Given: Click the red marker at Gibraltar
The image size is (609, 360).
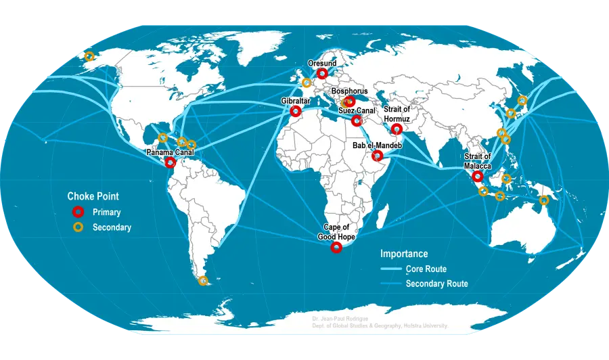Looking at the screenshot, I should point(295,111).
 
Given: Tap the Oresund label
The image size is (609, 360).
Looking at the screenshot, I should point(321,63).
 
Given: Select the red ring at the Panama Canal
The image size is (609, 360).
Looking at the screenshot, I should point(171,162).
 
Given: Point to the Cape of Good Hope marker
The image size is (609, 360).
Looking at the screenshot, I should point(336,248).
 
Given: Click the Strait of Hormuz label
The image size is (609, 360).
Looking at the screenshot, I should point(397,114).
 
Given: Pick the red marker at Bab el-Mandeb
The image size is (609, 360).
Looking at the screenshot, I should point(378,156).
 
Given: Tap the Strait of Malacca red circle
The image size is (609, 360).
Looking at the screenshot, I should point(478,176).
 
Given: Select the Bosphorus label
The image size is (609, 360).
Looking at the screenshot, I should point(349,91).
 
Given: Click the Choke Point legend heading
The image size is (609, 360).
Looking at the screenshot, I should point(93,196).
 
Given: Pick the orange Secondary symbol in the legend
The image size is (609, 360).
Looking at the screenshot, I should point(78,227).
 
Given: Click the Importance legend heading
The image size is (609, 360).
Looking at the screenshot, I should point(404,254).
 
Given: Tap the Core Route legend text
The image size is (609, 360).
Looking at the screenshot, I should point(426,269).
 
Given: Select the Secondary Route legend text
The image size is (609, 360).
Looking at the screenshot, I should point(436,284).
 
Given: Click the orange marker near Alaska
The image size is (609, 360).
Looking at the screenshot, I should point(89,57).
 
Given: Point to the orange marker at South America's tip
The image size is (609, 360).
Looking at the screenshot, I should point(203,281).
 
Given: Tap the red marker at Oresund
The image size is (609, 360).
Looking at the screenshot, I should point(323,72).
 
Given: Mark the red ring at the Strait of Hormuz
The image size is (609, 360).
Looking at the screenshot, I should point(397,129).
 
